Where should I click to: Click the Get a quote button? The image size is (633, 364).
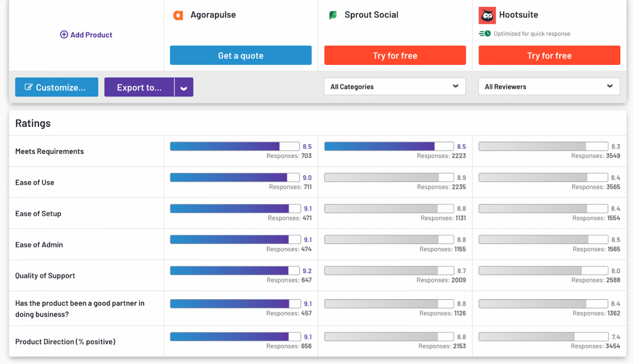point(241,55)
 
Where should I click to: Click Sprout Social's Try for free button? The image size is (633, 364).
point(395,55)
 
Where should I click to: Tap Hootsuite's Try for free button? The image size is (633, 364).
point(549,55)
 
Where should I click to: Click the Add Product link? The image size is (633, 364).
point(87,35)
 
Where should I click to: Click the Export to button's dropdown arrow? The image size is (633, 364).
point(184,88)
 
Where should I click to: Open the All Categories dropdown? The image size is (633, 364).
point(395,87)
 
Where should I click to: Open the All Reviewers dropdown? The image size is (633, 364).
point(549,87)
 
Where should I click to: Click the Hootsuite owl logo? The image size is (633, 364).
point(487,15)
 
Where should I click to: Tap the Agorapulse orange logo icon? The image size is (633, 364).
point(178,15)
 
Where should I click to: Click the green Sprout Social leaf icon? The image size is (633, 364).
point(333,15)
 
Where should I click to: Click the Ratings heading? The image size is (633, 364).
point(33,123)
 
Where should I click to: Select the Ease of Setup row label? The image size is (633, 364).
point(38,213)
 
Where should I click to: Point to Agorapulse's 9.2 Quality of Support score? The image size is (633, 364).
point(307,271)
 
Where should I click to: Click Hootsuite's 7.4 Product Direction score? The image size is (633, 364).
point(616,337)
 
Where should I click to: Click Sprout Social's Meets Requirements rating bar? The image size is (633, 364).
point(389,146)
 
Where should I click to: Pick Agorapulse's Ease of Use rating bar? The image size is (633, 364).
point(234,178)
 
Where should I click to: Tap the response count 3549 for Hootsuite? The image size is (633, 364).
point(613,156)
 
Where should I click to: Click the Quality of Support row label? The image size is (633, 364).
point(45,276)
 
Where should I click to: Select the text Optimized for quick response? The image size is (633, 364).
point(532,34)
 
